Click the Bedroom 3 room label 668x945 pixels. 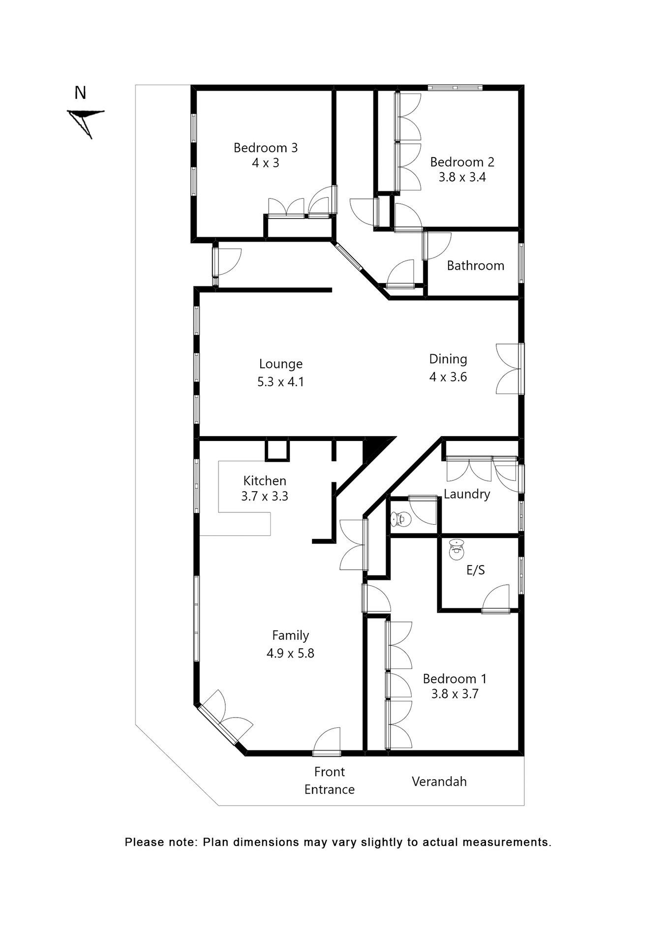[265, 148]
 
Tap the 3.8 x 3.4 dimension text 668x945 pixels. [462, 177]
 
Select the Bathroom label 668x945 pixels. [475, 266]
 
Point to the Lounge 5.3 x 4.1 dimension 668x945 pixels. [280, 382]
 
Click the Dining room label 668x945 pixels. [448, 359]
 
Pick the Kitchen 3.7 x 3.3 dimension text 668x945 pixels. [265, 496]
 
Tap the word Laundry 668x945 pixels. [466, 494]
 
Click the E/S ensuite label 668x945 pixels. [475, 570]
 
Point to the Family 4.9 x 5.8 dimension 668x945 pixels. [290, 653]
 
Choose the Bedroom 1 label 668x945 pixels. [455, 679]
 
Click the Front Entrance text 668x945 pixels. [329, 781]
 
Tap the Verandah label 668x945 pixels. [439, 782]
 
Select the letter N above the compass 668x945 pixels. [80, 93]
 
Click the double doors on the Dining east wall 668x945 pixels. [509, 369]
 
